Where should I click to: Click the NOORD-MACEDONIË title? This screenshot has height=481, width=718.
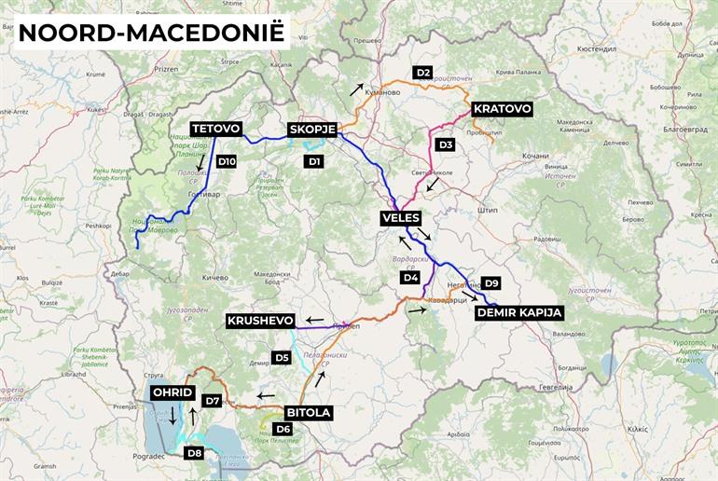pos(151,32)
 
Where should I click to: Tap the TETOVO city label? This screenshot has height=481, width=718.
pos(216,129)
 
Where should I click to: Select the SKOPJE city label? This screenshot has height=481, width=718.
pos(312,129)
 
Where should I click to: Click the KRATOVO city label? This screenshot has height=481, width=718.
pos(503,109)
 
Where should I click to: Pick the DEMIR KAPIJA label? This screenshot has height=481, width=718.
pos(519,312)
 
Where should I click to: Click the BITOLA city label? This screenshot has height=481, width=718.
pos(308,411)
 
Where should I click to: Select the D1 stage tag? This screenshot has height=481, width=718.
pos(314,161)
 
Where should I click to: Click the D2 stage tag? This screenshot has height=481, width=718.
pos(423,72)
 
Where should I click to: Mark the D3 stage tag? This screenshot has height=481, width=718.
pos(446,144)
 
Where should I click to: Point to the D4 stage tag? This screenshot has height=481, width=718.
pos(410,277)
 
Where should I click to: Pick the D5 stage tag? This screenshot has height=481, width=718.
pos(282,357)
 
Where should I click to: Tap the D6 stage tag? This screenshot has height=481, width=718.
pos(283,428)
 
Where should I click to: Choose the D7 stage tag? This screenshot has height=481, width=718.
pos(213,401)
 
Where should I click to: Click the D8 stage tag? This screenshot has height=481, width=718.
pos(194,453)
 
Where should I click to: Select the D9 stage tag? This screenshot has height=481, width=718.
pos(492,282)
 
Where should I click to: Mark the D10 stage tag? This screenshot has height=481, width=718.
pos(227,161)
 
